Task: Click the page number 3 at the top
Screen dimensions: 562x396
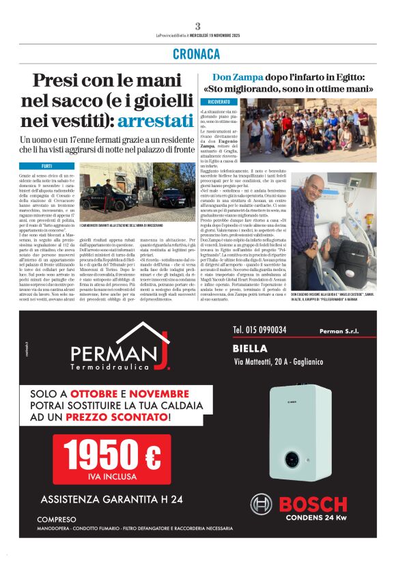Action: click(x=197, y=27)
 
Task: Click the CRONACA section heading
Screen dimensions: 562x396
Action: click(x=197, y=54)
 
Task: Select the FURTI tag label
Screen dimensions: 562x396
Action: click(x=47, y=166)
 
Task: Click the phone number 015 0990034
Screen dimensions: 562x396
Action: click(x=259, y=330)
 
